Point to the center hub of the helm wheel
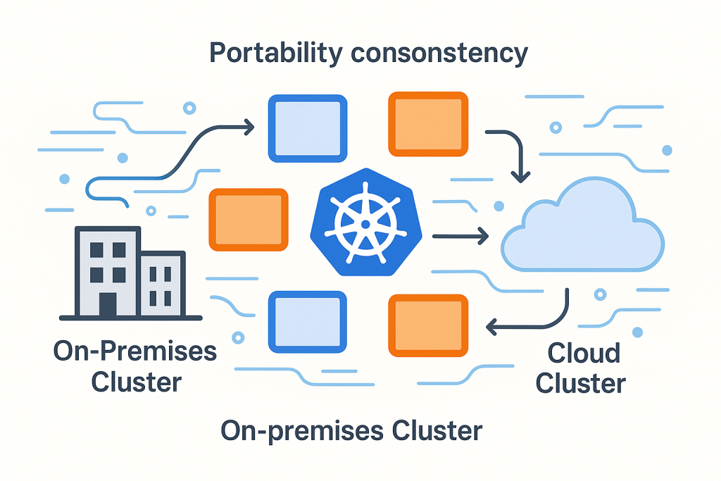(365, 225)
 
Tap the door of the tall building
(108, 304)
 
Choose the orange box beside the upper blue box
(428, 124)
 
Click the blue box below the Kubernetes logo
(308, 323)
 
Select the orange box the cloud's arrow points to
(428, 325)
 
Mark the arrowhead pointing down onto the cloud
(520, 175)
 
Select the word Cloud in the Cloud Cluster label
(584, 353)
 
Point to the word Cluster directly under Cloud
(580, 384)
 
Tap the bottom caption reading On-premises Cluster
(351, 430)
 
